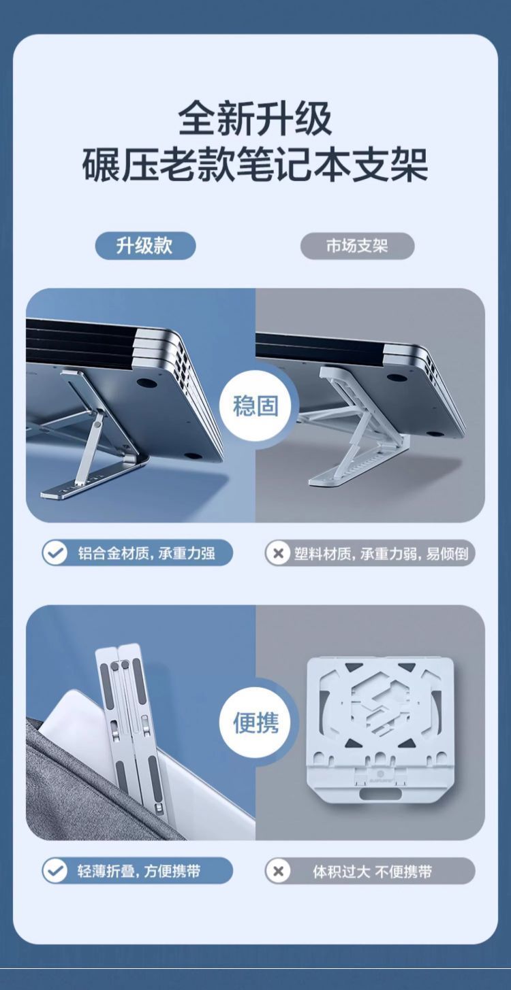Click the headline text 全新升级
tap(255, 118)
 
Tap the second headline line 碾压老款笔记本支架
tap(255, 165)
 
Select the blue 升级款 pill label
tap(145, 246)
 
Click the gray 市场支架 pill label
tap(357, 246)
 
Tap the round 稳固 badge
tap(255, 406)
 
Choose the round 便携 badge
tap(255, 723)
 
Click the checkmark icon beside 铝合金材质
tap(55, 553)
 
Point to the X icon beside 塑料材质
tap(278, 553)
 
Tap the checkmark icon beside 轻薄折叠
tap(55, 871)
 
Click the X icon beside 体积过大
tap(278, 871)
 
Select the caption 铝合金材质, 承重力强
tap(146, 553)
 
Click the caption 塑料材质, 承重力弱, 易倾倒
tap(381, 553)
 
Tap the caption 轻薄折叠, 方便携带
tap(139, 871)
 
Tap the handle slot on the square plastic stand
tap(380, 780)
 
